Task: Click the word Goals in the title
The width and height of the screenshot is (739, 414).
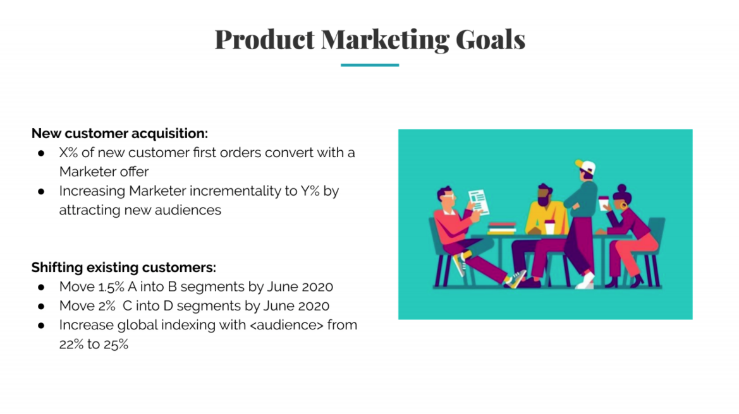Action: click(490, 40)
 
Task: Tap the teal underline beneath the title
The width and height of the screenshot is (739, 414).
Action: click(369, 65)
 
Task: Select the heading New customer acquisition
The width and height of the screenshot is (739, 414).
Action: click(119, 134)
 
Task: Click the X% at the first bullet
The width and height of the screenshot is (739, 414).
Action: click(68, 153)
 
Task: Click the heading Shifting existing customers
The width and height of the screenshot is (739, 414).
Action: click(123, 268)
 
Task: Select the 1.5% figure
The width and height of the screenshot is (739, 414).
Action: click(111, 287)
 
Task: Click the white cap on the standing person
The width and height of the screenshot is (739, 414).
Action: click(586, 166)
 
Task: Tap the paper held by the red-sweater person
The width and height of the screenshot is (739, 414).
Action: click(478, 203)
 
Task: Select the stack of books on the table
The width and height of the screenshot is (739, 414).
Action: click(502, 228)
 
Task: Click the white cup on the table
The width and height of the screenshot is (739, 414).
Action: click(549, 227)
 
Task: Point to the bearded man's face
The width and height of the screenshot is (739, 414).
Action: click(544, 194)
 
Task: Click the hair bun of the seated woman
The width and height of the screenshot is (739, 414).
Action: click(621, 189)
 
